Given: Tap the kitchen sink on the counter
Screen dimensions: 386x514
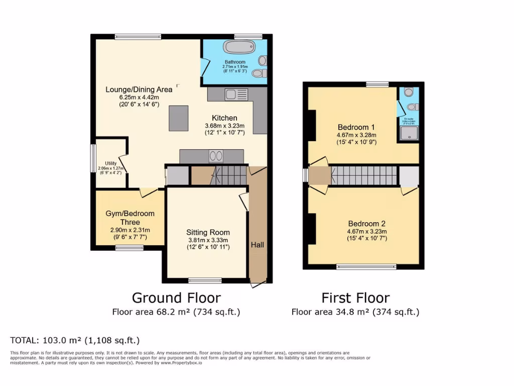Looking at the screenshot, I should point(236,94).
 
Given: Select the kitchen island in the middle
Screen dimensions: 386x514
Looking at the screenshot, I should point(178,117).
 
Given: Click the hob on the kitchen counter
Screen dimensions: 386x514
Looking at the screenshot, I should point(216,156).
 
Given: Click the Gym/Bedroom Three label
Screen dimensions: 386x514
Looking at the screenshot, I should point(130,218).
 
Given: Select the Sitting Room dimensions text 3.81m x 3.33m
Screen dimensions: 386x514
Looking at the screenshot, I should point(208,240).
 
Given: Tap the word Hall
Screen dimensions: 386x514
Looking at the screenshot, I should point(258,245).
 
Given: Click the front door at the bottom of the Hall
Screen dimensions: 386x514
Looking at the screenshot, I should point(258,284).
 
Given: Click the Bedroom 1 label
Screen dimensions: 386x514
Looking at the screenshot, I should point(356,127).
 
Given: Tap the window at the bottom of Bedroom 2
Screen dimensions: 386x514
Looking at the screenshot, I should point(362,266).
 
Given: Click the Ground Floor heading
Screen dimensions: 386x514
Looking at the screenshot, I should point(176,298).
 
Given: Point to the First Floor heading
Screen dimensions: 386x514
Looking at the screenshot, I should point(355,298).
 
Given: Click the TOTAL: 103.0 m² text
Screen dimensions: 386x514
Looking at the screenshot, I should point(75,340).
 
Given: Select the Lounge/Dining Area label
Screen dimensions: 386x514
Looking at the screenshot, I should point(139,89).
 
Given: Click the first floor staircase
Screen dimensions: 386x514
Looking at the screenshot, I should point(364,176).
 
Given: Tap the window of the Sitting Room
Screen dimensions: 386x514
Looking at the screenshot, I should point(205,280).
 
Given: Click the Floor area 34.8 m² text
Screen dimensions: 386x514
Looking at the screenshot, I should point(355,312).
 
